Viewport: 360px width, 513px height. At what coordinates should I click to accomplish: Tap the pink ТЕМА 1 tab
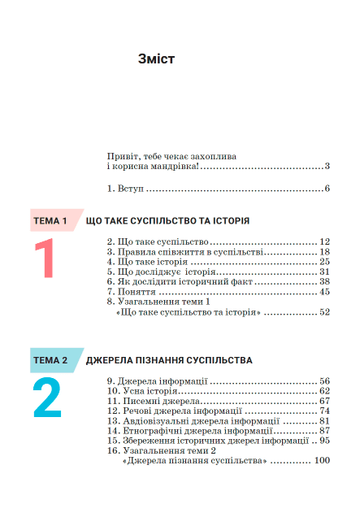click(50, 220)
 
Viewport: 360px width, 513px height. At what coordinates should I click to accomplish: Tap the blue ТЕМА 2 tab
click(50, 359)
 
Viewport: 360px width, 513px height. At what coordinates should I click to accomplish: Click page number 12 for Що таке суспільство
click(323, 242)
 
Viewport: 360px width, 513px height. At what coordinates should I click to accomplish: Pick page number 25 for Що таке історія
click(323, 262)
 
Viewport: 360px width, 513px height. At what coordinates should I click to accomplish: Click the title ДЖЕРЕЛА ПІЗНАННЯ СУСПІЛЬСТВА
click(169, 359)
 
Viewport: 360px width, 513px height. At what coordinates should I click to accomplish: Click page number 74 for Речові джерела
click(323, 411)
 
